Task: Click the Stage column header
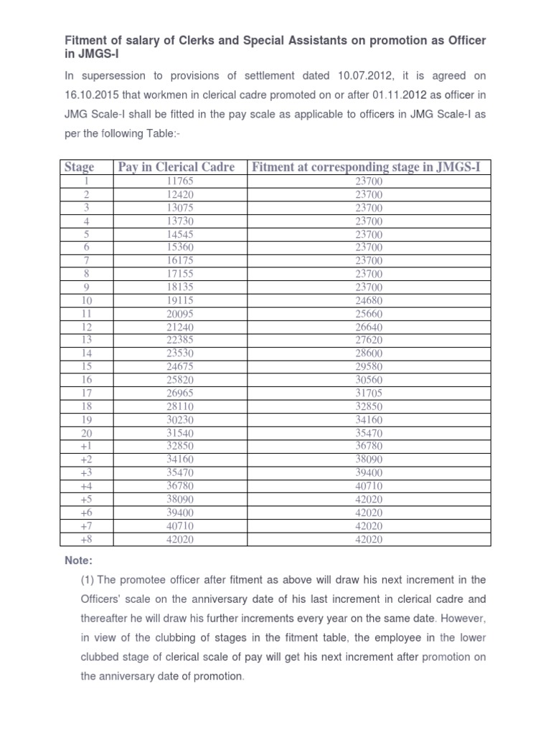click(x=79, y=167)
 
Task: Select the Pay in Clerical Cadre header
click(x=176, y=167)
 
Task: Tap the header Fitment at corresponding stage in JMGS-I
click(x=368, y=167)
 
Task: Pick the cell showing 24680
click(x=369, y=300)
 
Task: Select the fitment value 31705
click(x=369, y=392)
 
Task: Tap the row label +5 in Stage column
click(x=86, y=498)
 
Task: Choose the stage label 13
click(x=86, y=339)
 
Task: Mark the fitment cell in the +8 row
click(x=369, y=538)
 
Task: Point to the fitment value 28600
click(x=369, y=353)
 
